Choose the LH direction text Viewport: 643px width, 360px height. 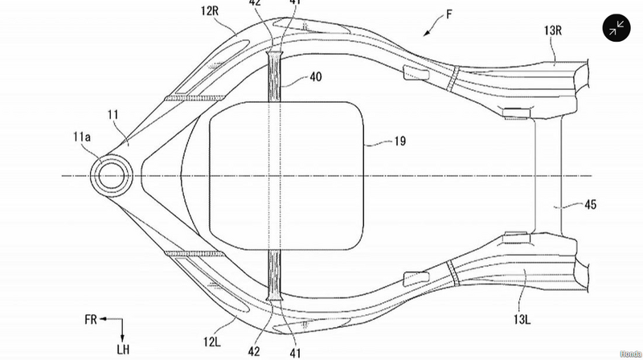(x=121, y=347)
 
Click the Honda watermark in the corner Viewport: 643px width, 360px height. (x=629, y=353)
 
